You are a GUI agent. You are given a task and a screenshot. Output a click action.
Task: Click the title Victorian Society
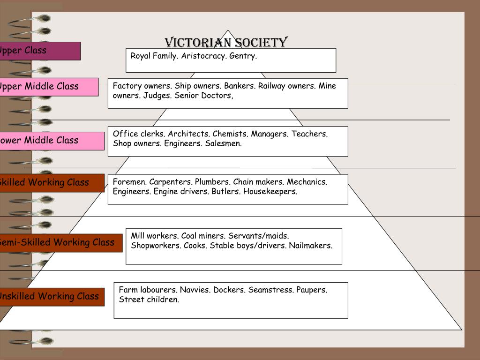coord(226,43)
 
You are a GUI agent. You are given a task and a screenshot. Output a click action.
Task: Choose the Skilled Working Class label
coord(47,183)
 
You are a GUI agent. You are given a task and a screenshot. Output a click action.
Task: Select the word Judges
coord(157,96)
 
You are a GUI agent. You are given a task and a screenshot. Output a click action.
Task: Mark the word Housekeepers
coord(270,192)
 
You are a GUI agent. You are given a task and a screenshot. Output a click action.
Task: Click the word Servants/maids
coord(258,236)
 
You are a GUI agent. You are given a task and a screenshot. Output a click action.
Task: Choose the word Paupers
coord(311,290)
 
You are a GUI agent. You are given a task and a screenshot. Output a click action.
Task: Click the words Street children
coord(149,300)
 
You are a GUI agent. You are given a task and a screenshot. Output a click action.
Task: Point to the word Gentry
coord(243,56)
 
